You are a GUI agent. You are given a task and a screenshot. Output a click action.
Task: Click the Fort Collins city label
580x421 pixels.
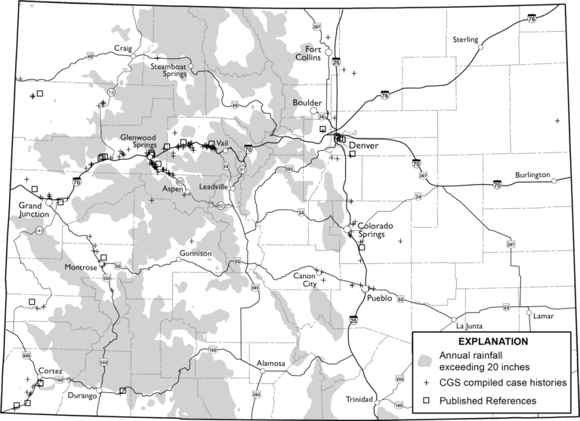308,53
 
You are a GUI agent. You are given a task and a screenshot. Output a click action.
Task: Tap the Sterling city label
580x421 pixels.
465,39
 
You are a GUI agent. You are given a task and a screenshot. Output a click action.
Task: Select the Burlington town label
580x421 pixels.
532,175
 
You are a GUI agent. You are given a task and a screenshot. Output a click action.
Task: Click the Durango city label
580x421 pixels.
82,396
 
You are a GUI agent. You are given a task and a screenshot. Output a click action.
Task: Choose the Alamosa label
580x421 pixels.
270,364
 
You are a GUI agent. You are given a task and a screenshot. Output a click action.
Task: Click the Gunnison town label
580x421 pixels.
196,254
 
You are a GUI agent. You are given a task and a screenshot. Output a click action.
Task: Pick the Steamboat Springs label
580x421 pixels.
168,70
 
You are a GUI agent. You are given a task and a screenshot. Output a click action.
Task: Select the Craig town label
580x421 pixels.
122,48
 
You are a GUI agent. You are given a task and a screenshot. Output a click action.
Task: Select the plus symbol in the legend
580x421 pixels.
428,383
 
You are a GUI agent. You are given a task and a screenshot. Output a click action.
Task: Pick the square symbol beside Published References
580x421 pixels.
428,401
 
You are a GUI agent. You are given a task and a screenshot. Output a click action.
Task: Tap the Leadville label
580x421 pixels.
214,186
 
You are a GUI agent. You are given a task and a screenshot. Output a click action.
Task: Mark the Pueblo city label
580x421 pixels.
380,298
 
